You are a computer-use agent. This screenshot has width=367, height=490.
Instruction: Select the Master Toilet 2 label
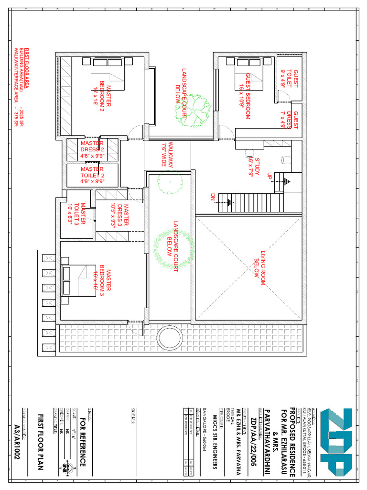pyautogui.click(x=92, y=175)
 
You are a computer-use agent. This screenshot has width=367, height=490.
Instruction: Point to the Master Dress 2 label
pyautogui.click(x=92, y=149)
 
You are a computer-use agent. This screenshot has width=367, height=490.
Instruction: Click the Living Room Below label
pyautogui.click(x=260, y=268)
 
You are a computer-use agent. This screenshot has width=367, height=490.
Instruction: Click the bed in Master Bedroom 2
pyautogui.click(x=108, y=73)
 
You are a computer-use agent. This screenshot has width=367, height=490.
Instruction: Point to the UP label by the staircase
pyautogui.click(x=270, y=176)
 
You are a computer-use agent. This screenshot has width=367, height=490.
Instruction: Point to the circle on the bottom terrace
pyautogui.click(x=171, y=338)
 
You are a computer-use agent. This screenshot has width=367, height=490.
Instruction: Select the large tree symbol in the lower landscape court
pyautogui.click(x=173, y=247)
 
